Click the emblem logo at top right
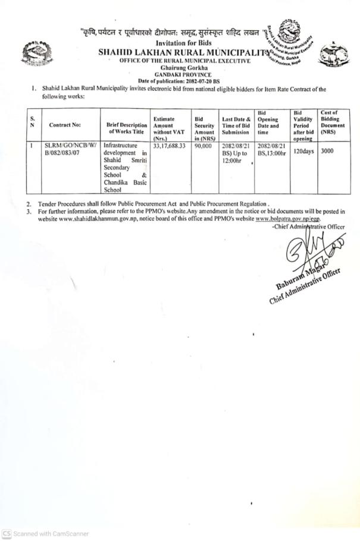coord(332,55)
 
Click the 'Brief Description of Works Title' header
coord(126,125)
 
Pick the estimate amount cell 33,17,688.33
coord(169,145)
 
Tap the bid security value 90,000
coord(204,145)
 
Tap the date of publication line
coord(179,80)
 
